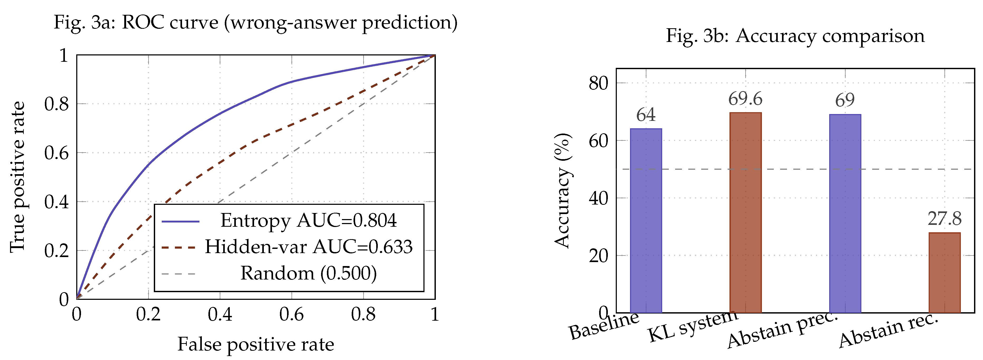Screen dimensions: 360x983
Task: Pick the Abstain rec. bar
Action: click(944, 273)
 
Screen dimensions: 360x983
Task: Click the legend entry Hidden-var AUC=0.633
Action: click(308, 247)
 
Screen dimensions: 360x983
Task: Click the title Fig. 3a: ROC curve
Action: click(255, 22)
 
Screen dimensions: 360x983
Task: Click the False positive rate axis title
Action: click(256, 344)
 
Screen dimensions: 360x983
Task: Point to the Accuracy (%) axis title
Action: click(563, 191)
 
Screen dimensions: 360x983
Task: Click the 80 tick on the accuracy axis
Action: click(598, 83)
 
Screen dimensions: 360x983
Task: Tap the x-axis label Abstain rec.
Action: click(888, 330)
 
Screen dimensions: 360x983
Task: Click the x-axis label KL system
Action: click(693, 326)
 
